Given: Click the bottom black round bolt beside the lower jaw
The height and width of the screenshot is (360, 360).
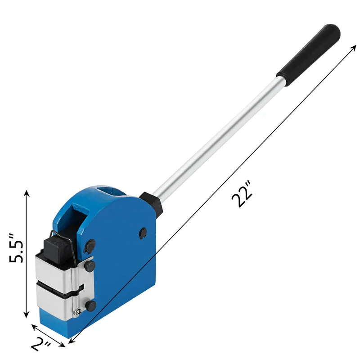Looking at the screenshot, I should click(x=91, y=306).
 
